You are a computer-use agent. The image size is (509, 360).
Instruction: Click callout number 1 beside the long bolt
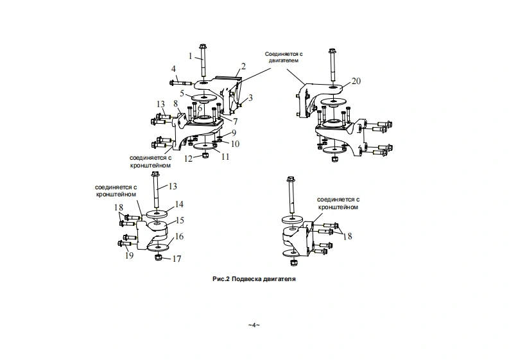(x=191, y=56)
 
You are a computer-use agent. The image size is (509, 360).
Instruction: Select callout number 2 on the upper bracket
(x=243, y=66)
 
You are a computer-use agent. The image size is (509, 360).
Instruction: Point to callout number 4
(x=173, y=69)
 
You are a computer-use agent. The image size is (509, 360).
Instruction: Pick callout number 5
(x=182, y=93)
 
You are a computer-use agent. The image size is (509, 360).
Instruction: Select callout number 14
(x=180, y=203)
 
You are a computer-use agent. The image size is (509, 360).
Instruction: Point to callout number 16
(x=180, y=236)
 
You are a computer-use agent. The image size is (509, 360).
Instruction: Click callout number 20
(x=357, y=81)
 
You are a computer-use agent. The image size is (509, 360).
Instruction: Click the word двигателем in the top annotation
(x=283, y=60)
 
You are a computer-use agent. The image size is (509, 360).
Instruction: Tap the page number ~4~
(x=254, y=325)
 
